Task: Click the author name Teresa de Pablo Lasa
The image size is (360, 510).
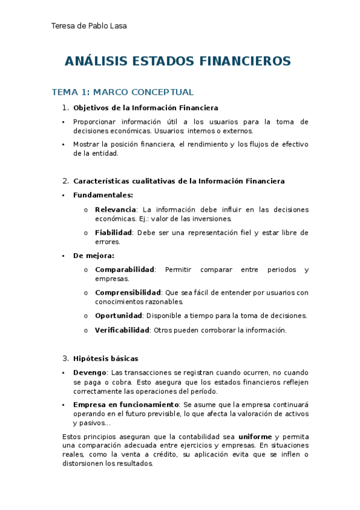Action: click(x=89, y=26)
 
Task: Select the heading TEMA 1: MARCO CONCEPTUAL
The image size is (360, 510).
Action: click(x=123, y=92)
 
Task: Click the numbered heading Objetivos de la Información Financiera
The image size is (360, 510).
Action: click(x=145, y=108)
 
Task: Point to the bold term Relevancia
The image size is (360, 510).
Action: click(x=115, y=209)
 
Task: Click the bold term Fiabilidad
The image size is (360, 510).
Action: click(x=113, y=233)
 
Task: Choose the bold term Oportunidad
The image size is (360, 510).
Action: click(x=118, y=315)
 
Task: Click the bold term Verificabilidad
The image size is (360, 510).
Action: click(x=122, y=330)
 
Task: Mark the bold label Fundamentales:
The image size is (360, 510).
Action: click(x=103, y=195)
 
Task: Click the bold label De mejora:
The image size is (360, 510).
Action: click(x=93, y=255)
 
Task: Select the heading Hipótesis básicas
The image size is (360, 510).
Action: click(x=106, y=358)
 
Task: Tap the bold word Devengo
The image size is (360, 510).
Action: click(x=90, y=373)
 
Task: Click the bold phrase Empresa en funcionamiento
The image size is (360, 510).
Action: click(x=126, y=404)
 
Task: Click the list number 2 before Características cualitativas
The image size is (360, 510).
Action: click(x=66, y=181)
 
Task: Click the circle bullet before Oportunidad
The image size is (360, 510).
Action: click(x=86, y=316)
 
